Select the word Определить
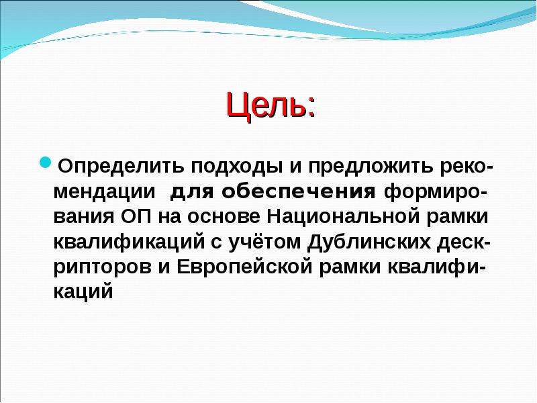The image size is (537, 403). tap(118, 165)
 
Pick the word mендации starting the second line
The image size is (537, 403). tap(105, 192)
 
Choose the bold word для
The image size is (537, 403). tap(192, 192)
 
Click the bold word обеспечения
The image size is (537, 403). tap(299, 192)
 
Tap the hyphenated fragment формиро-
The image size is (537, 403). tap(436, 192)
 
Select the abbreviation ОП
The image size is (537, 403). tap(139, 218)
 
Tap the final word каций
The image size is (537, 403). tap(82, 293)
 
